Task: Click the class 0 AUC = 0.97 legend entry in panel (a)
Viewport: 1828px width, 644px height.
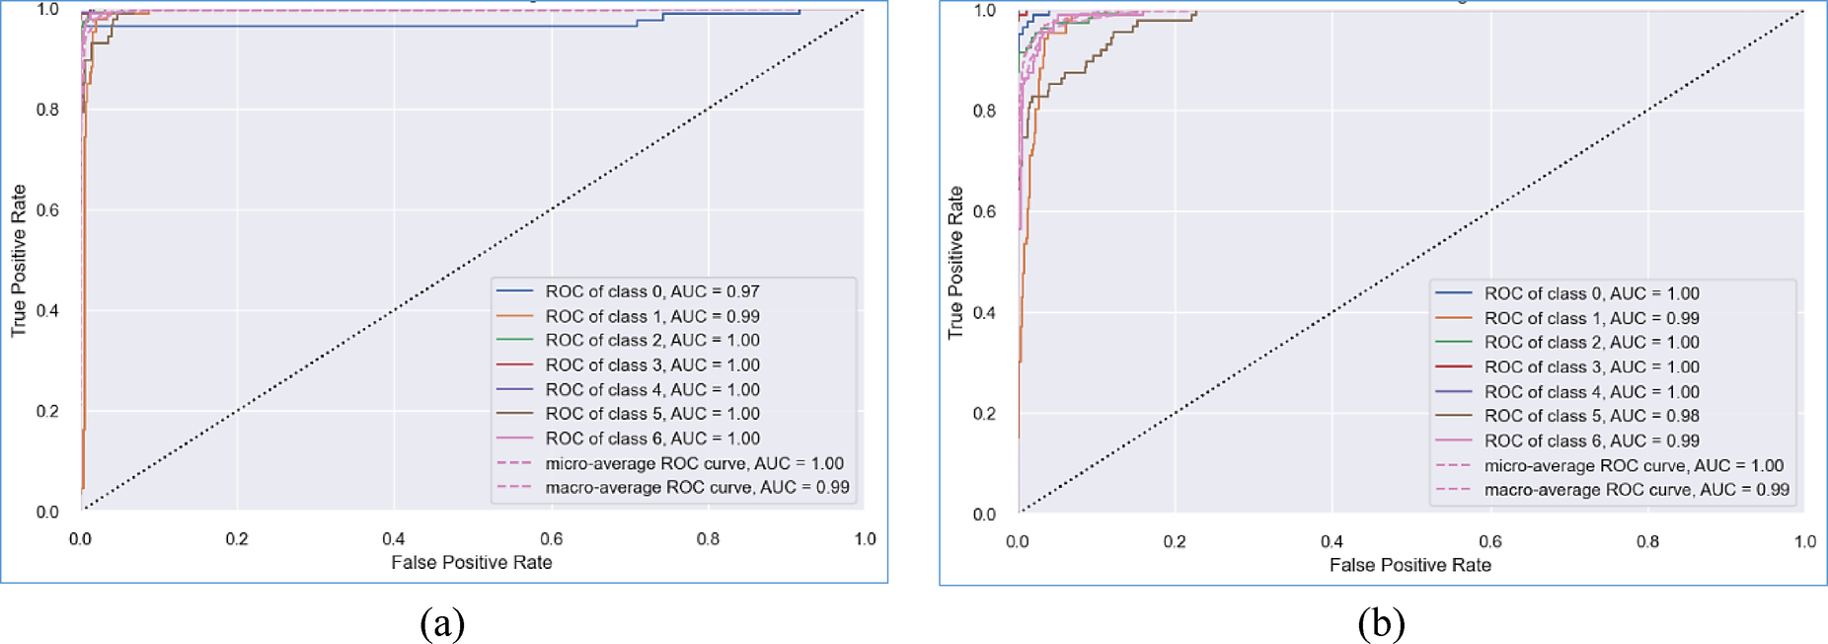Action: (651, 291)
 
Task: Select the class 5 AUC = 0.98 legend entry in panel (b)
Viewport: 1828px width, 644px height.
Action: (1591, 416)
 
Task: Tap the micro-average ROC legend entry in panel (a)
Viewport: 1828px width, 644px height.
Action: (694, 463)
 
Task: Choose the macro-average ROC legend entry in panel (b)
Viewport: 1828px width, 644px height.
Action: (1636, 490)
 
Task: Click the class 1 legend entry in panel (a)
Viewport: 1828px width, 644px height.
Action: (651, 316)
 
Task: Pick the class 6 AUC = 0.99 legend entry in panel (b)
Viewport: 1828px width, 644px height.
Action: (1591, 441)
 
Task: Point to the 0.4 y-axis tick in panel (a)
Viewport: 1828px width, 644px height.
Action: (47, 310)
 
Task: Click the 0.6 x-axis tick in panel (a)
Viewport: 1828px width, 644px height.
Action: (551, 538)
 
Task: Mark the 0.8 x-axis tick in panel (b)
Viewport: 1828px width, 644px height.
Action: (1647, 541)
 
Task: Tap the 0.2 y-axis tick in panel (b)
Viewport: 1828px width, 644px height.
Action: (984, 413)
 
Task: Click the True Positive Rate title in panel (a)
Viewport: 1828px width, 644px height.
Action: (18, 261)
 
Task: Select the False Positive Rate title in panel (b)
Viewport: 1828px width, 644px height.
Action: (1409, 565)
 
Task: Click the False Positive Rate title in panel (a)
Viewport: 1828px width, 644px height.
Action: (471, 562)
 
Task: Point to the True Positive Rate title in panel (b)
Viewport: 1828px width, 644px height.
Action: (954, 263)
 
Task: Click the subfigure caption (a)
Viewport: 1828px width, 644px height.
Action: (442, 623)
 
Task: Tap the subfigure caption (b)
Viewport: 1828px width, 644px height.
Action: (1381, 623)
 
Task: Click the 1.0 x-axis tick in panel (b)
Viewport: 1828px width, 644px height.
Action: (1804, 541)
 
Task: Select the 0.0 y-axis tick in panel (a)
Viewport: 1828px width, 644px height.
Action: (47, 512)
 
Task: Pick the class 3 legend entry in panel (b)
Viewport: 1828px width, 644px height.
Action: (1591, 366)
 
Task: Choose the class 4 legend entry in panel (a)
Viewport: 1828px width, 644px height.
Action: (651, 389)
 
